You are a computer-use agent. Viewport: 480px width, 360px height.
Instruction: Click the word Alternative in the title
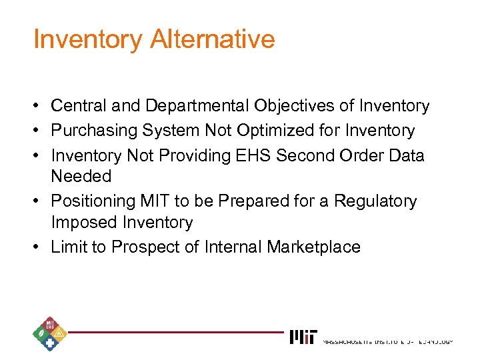[x=213, y=39]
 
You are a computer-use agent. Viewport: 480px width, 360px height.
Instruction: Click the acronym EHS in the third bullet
[x=253, y=155]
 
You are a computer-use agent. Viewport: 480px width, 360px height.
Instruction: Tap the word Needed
[x=81, y=177]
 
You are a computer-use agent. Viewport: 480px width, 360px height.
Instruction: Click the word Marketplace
[x=313, y=247]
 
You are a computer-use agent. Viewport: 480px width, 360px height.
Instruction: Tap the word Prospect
[x=145, y=247]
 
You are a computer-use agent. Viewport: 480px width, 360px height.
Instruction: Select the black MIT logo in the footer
[x=303, y=337]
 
